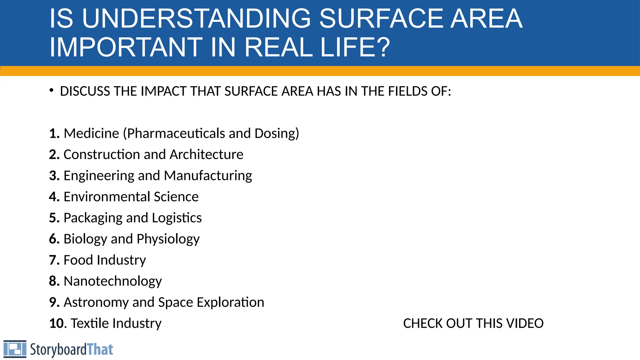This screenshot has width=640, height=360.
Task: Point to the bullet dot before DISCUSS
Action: (52, 91)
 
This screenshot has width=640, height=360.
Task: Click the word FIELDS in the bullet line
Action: (408, 91)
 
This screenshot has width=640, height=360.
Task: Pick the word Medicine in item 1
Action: (91, 133)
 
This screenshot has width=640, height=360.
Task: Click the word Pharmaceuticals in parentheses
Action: (176, 133)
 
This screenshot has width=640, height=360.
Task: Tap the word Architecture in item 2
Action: (206, 154)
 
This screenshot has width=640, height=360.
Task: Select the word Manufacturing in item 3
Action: (208, 176)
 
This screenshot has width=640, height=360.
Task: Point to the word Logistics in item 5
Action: (177, 218)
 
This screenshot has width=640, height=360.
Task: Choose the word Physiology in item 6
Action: (168, 239)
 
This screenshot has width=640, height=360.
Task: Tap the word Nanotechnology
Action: (112, 281)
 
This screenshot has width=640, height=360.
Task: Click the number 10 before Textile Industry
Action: (57, 323)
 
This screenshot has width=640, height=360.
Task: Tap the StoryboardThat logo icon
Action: (15, 349)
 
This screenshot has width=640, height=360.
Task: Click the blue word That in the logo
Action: (100, 349)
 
